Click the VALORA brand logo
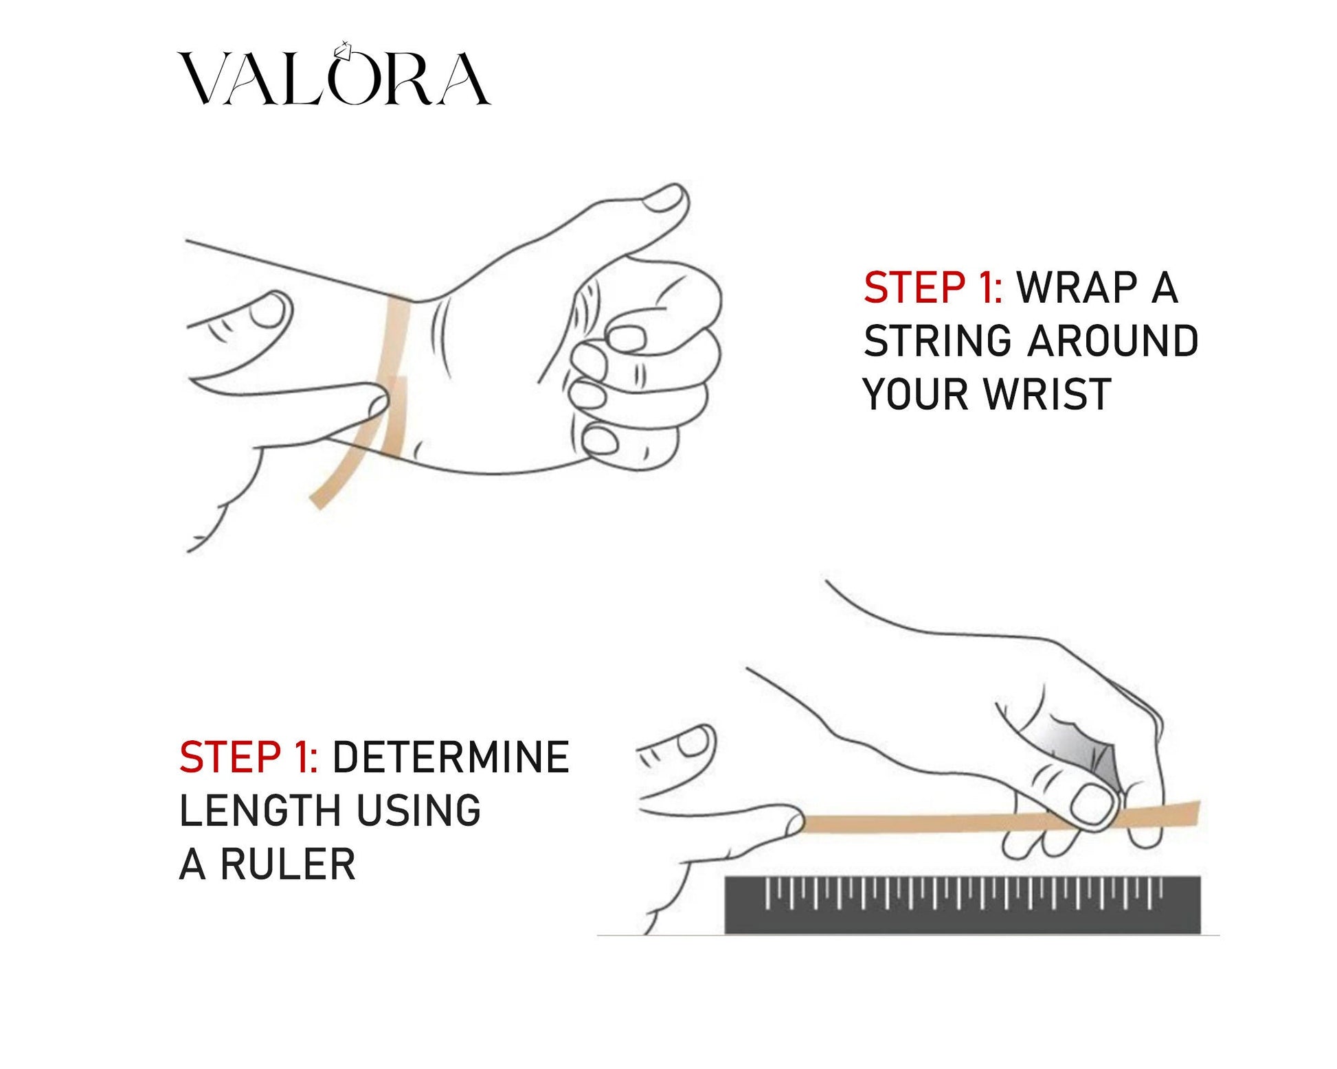[335, 74]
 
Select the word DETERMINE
[451, 757]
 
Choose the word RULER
[289, 864]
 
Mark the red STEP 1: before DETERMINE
[248, 757]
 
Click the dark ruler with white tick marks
[963, 905]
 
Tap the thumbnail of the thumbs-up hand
[664, 198]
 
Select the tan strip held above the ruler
[1000, 819]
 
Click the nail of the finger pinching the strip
[1092, 804]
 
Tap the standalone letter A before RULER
[192, 864]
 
